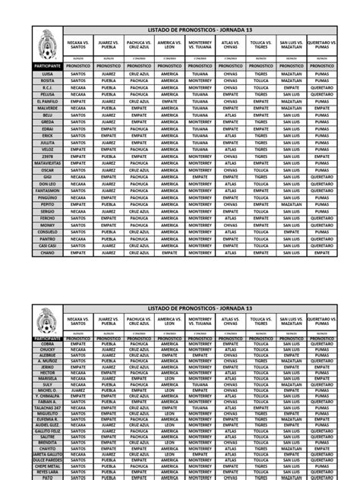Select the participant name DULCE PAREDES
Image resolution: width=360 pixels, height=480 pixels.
(x=48, y=459)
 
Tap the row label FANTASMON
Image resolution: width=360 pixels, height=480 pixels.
(x=48, y=191)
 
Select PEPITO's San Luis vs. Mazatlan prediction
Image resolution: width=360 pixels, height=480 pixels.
(x=291, y=204)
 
